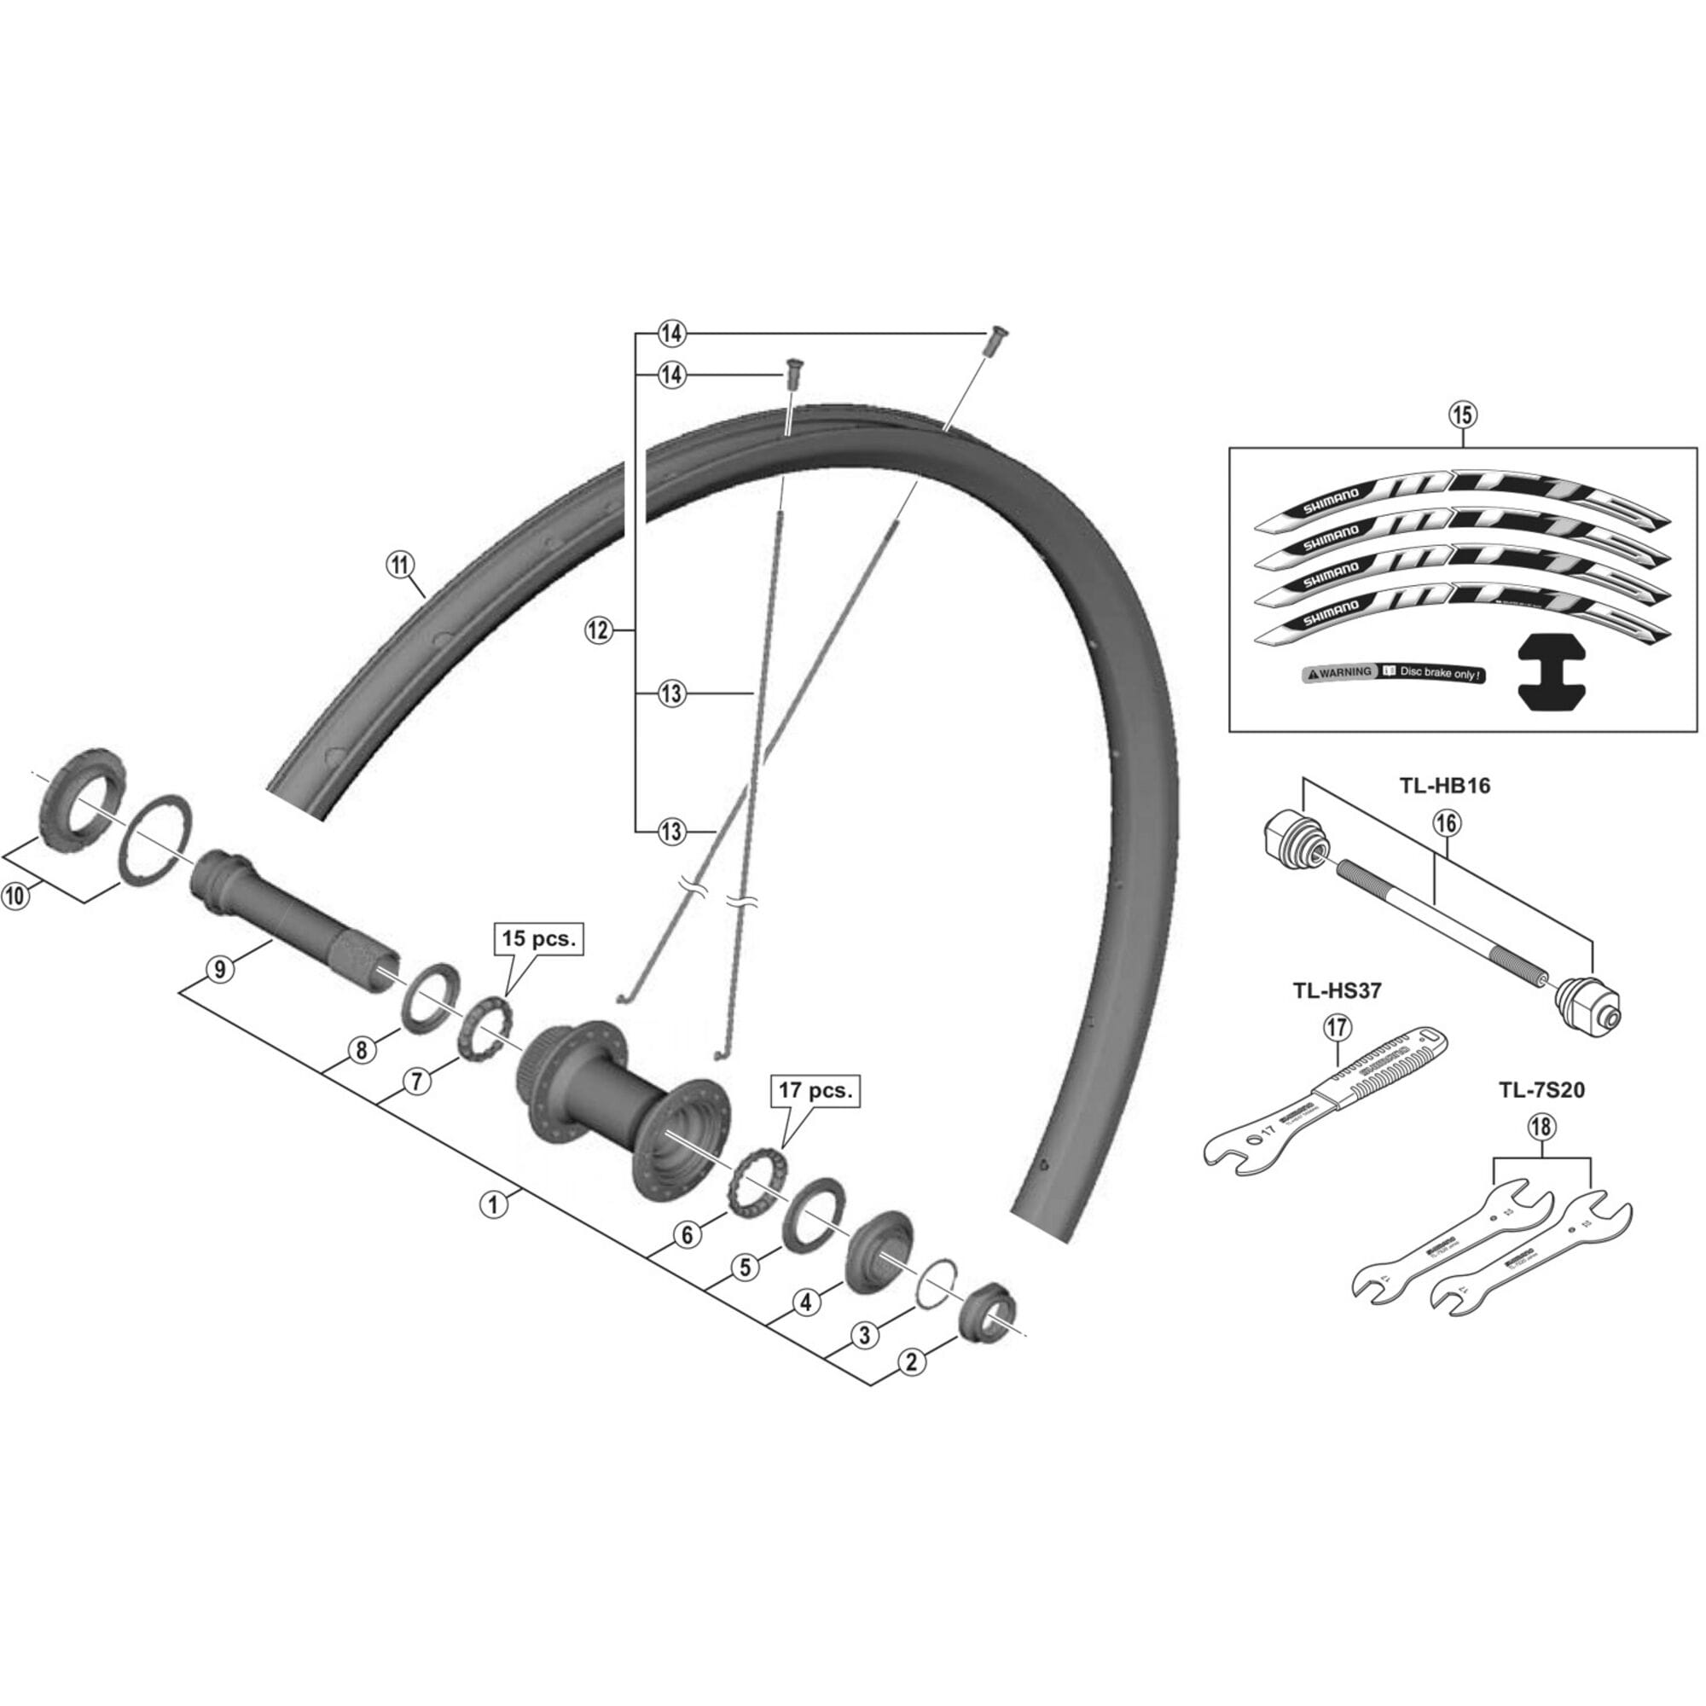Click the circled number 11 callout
coord(400,562)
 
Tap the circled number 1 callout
coord(494,1204)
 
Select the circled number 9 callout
coord(219,969)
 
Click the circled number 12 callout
coord(598,630)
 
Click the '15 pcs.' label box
coord(538,938)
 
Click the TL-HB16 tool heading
coord(1444,785)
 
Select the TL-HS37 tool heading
coord(1332,990)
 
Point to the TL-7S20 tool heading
coord(1540,1090)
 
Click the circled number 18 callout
coord(1541,1127)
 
